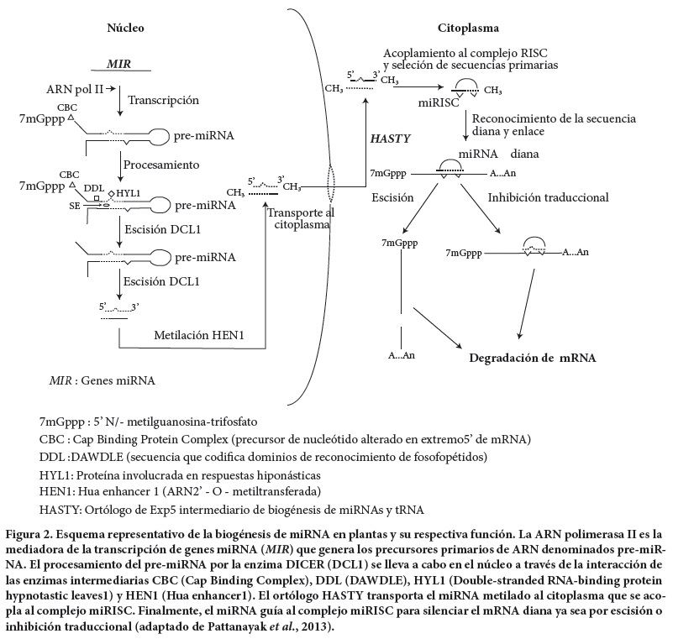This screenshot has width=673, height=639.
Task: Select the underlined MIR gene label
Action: tap(119, 64)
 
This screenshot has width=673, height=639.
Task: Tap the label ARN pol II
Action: tap(74, 87)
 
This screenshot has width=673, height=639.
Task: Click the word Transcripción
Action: tap(163, 100)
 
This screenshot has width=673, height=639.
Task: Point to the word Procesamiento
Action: tap(164, 166)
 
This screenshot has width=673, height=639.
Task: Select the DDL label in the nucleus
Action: tap(93, 187)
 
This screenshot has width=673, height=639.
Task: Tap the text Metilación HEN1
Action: tap(198, 334)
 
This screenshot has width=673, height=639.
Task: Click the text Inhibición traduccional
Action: tap(548, 197)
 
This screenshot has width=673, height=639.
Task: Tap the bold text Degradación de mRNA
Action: tap(532, 358)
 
